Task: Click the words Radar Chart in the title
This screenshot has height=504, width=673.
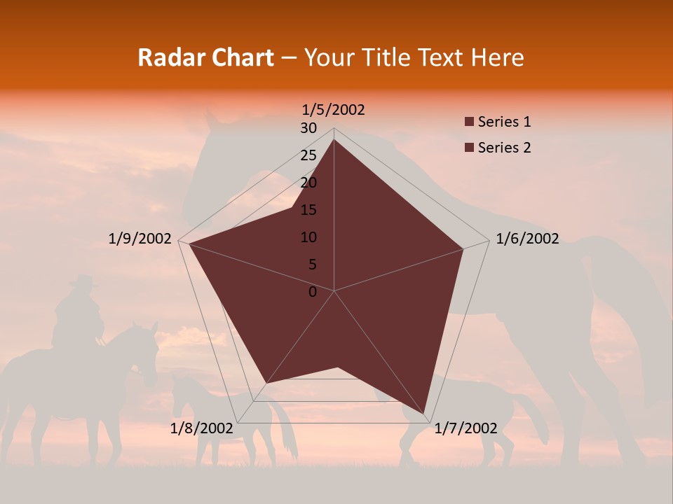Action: tap(205, 57)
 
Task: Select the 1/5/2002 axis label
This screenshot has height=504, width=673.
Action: tap(333, 109)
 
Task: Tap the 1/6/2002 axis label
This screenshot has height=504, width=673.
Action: tap(527, 239)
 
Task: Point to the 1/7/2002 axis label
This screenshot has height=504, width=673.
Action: tap(465, 428)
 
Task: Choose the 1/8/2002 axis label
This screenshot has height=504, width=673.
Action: tap(202, 428)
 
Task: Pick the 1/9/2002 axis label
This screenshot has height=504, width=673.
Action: tap(140, 239)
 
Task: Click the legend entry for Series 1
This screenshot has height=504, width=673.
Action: tap(504, 122)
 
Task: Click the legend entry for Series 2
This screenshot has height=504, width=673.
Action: tap(504, 148)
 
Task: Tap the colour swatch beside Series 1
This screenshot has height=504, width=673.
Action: tap(469, 122)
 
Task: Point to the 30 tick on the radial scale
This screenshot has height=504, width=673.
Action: tap(308, 128)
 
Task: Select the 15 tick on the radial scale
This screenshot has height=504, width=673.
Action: tap(308, 210)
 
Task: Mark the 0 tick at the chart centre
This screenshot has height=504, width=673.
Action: tap(313, 292)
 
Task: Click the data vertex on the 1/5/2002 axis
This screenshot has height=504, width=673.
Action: tap(334, 139)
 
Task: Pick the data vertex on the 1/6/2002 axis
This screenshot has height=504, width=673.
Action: tap(463, 248)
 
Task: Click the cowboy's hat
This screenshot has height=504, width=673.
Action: tap(83, 281)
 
